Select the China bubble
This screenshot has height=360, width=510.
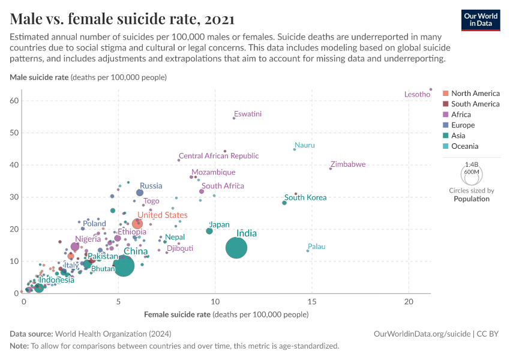tap(124, 265)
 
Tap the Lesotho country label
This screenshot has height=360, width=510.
tap(417, 94)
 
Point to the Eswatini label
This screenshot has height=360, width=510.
tap(248, 114)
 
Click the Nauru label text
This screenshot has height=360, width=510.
tap(305, 145)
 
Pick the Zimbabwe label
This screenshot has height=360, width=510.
tap(348, 164)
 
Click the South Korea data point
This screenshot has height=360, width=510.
tap(284, 203)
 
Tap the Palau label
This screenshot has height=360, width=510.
tap(316, 247)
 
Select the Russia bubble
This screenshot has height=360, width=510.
tap(140, 193)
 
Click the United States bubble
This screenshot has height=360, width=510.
tap(137, 224)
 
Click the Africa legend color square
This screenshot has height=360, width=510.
tap(445, 115)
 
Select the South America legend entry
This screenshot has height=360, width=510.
tap(475, 104)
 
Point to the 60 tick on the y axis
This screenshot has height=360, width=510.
tap(14, 100)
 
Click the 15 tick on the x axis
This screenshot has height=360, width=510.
tap(312, 301)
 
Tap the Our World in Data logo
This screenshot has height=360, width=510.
tap(481, 19)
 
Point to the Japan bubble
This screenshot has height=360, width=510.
tap(209, 231)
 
